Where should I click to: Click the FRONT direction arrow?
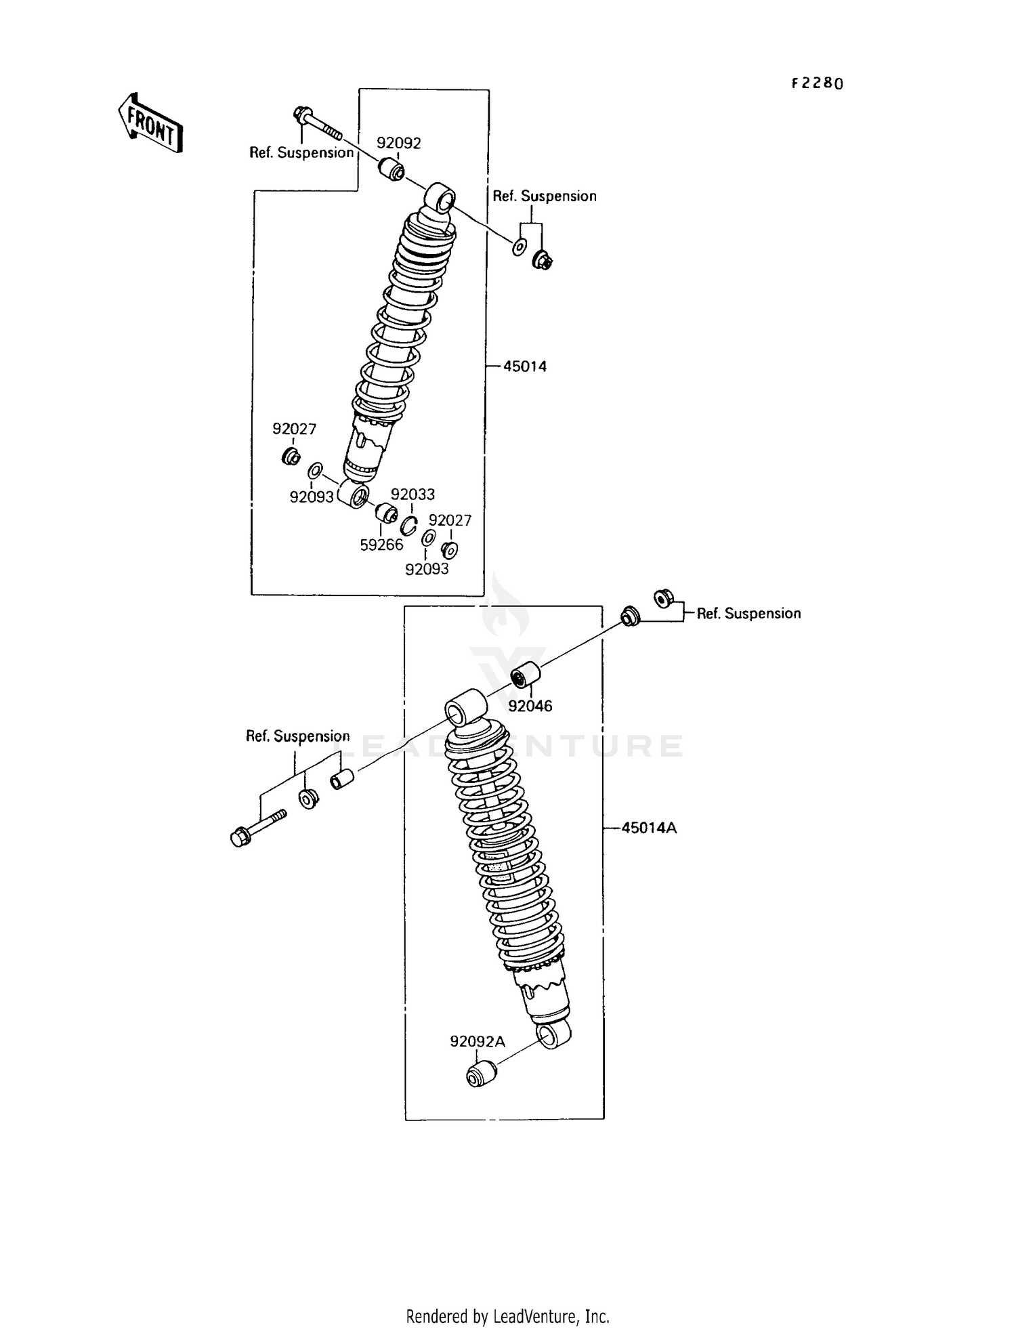(x=150, y=123)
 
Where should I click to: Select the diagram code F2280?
(x=818, y=83)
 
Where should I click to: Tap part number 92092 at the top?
(x=398, y=143)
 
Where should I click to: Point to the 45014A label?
(x=649, y=828)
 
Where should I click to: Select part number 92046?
(x=530, y=706)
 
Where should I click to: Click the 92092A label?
(x=477, y=1042)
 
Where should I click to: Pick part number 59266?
(x=381, y=545)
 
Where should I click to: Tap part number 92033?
(x=412, y=494)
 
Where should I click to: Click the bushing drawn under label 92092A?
(x=481, y=1074)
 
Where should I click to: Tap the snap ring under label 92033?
(x=408, y=526)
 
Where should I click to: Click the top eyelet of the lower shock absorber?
(x=465, y=709)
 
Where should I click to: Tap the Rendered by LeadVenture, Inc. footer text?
(x=507, y=1316)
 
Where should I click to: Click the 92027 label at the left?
(x=294, y=429)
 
